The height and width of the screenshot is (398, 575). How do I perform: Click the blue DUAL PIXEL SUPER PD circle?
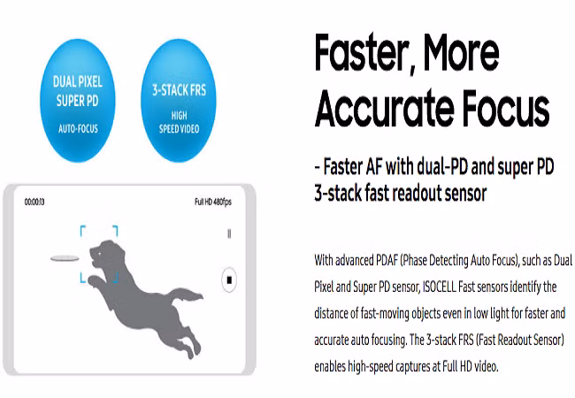(x=77, y=101)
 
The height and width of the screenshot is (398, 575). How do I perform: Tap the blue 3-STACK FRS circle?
(x=179, y=101)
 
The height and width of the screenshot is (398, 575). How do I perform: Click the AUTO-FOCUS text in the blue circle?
(x=78, y=128)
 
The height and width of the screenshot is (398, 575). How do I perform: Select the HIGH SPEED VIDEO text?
(x=179, y=122)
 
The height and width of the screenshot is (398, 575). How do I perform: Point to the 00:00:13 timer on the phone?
(x=34, y=202)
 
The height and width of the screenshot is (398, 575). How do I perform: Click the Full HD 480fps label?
(x=213, y=202)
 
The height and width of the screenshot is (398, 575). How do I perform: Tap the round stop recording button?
(x=229, y=280)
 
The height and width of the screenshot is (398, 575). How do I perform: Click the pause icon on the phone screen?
(x=229, y=233)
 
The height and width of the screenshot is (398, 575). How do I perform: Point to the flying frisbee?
(x=65, y=258)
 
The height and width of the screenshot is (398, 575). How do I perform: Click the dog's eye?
(x=100, y=253)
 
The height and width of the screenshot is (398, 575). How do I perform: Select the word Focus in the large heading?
(x=506, y=108)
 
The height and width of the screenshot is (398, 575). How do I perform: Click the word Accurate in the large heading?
(x=383, y=108)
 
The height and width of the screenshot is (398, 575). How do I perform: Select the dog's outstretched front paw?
(x=95, y=280)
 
